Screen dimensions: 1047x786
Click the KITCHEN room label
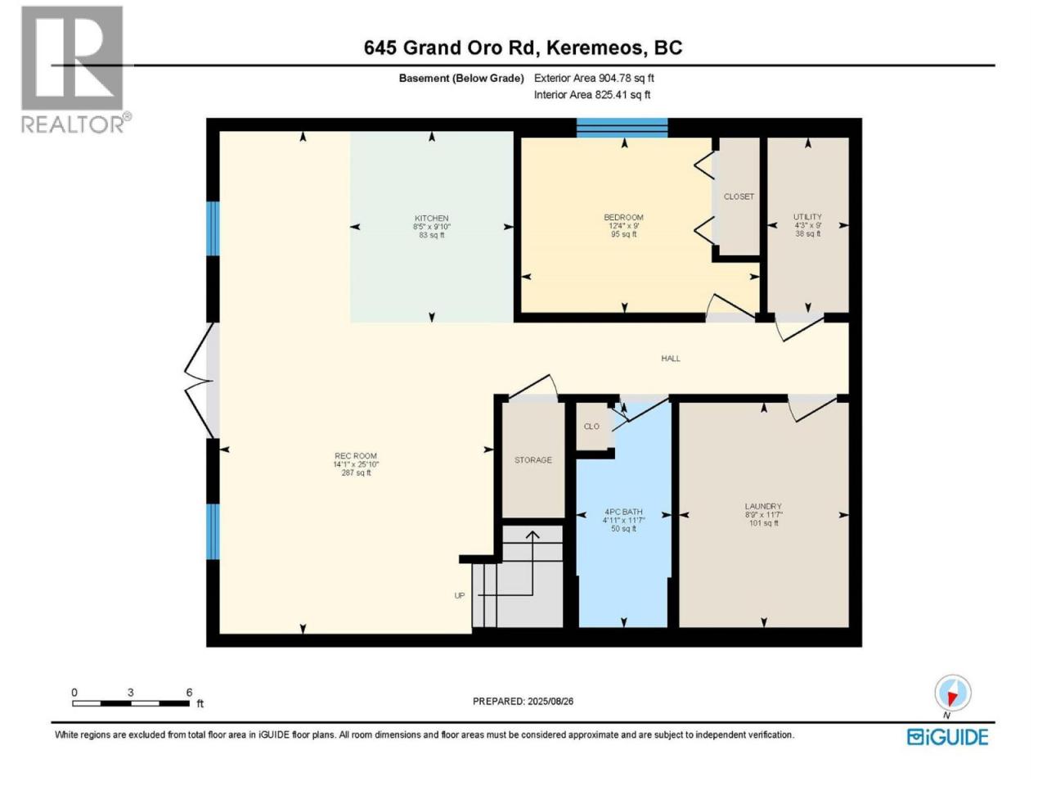(431, 218)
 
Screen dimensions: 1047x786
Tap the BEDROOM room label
(623, 217)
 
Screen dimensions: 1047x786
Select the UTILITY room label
(807, 216)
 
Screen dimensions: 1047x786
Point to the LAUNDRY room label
(763, 506)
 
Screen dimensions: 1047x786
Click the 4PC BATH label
(623, 512)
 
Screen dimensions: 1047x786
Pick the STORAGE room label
(532, 459)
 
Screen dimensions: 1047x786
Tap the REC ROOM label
(355, 456)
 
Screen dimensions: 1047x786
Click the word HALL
(670, 359)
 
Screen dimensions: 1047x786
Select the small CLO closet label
(591, 427)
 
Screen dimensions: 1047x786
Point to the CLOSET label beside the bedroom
(739, 196)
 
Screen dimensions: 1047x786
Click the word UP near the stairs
(459, 595)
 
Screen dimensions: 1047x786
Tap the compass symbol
(952, 693)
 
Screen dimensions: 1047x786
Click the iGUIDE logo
(947, 737)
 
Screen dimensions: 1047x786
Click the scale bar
(131, 703)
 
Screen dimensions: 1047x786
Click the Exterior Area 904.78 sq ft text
(594, 78)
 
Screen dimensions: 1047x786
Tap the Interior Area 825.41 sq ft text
(592, 94)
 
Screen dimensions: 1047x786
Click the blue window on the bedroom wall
(622, 128)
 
